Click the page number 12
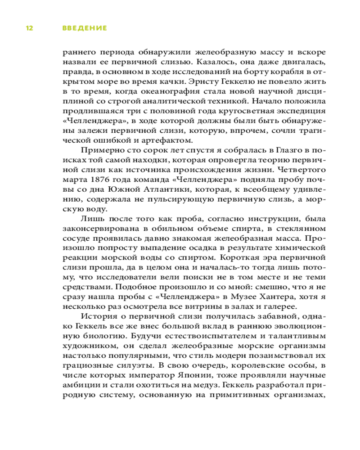click(x=29, y=28)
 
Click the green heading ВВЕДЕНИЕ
click(x=85, y=28)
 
